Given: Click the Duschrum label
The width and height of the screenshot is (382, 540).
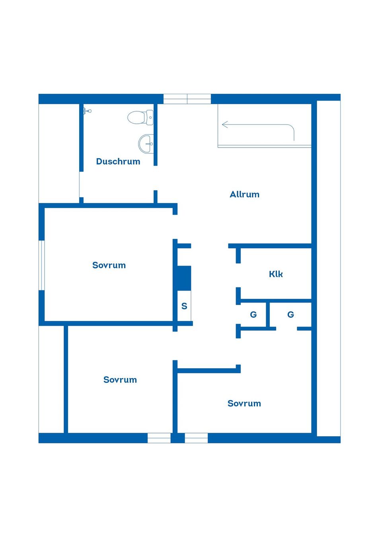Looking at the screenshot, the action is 118,161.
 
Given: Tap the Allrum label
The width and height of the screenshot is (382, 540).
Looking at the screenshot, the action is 245,194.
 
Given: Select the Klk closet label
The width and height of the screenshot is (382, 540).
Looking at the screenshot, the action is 276,274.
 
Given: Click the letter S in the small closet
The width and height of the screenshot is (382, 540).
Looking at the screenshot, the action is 184,306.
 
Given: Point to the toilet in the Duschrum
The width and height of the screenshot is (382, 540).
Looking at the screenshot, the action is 140,117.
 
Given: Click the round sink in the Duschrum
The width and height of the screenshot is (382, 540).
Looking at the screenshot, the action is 146,144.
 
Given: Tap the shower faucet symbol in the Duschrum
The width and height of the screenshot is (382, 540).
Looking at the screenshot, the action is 87,111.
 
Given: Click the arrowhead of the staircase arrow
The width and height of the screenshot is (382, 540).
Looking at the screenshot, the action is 225,124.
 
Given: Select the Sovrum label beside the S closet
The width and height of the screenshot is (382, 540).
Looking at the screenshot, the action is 109,265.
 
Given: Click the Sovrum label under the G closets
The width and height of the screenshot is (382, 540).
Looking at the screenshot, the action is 244,403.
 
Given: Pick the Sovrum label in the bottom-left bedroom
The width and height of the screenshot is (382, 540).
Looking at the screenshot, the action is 120,380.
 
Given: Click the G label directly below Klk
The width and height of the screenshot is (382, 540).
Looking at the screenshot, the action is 290,315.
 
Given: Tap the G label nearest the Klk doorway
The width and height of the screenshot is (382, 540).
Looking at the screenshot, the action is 253,315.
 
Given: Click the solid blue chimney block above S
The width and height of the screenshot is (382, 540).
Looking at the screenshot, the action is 184,278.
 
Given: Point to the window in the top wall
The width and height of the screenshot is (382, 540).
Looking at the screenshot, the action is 187,99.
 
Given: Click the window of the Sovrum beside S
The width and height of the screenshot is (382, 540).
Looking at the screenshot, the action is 42,265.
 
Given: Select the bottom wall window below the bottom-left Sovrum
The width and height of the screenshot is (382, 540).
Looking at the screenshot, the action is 159,438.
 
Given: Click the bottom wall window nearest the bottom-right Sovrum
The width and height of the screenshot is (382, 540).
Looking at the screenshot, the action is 196,438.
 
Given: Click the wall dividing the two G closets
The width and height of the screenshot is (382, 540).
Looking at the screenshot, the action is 268,315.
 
